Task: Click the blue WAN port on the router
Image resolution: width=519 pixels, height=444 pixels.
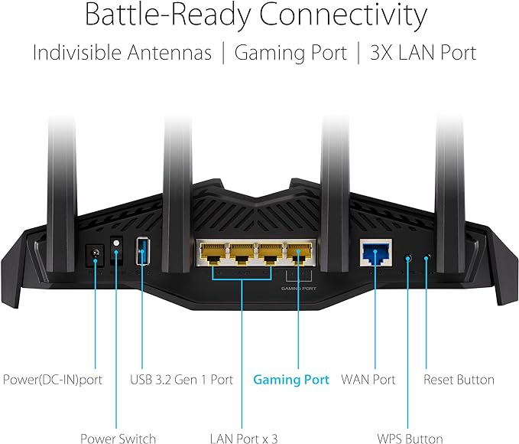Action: (x=375, y=251)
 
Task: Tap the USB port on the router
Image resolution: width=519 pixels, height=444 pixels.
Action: (x=141, y=253)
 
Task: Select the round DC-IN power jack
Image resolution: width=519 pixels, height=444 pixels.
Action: (x=95, y=254)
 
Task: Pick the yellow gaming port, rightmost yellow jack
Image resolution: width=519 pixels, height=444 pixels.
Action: (x=297, y=251)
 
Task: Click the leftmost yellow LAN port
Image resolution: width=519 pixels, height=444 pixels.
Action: (x=212, y=251)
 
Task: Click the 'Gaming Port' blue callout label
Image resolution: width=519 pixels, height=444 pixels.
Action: (x=290, y=380)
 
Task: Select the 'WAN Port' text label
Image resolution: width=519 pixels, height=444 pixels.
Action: (x=368, y=380)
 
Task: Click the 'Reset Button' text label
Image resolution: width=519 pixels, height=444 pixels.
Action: (x=459, y=380)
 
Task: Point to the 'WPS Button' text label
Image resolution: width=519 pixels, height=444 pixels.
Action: (x=410, y=439)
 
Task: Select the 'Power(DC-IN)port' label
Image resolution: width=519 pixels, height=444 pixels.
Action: (x=53, y=380)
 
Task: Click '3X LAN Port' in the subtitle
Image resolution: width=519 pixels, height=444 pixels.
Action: (x=423, y=53)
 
